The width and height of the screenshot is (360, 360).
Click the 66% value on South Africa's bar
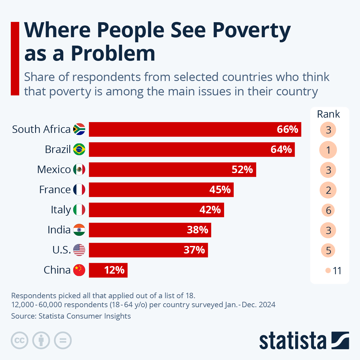tap(287, 129)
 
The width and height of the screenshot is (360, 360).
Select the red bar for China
tap(108, 270)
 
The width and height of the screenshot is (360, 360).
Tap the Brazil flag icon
tap(79, 149)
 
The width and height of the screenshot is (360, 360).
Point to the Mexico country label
tap(54, 169)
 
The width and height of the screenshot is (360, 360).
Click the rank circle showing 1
tap(328, 150)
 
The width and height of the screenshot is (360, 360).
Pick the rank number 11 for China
tap(337, 271)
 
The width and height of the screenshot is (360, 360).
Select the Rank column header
tap(328, 114)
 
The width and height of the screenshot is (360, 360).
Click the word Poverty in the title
tap(251, 30)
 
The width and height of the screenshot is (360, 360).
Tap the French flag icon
tap(79, 190)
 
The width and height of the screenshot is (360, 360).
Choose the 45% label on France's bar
tap(220, 190)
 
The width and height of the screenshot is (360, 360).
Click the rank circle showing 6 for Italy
tap(328, 210)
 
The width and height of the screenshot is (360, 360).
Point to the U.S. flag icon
tap(79, 250)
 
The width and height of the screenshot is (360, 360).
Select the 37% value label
tap(194, 250)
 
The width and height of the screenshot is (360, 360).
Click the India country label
tap(59, 230)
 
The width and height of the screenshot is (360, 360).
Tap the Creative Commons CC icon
tap(19, 340)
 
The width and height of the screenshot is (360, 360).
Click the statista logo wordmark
tap(292, 340)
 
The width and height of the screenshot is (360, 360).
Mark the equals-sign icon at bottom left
tap(63, 340)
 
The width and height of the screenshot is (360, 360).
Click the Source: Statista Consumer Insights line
tap(71, 316)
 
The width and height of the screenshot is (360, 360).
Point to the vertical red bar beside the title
tap(15, 58)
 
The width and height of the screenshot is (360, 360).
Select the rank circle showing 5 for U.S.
tap(328, 250)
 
